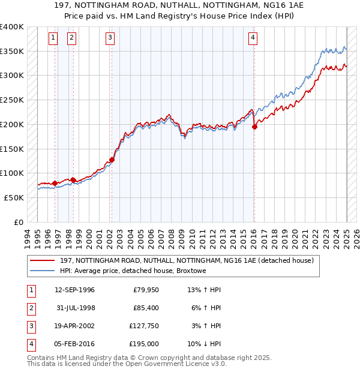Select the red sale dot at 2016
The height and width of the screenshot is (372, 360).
tap(254, 127)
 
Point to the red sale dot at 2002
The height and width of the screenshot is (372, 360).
tap(112, 160)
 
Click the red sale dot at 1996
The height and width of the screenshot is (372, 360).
tap(55, 183)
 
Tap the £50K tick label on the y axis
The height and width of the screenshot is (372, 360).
tap(14, 197)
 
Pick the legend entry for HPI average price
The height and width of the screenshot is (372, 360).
tap(133, 271)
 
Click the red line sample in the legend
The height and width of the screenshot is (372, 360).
tap(43, 260)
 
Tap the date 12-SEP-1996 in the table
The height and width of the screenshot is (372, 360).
tap(74, 290)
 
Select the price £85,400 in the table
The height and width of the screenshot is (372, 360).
tap(145, 308)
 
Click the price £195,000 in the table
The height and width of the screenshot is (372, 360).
tap(145, 344)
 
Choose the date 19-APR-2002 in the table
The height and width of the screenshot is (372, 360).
tap(74, 326)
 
